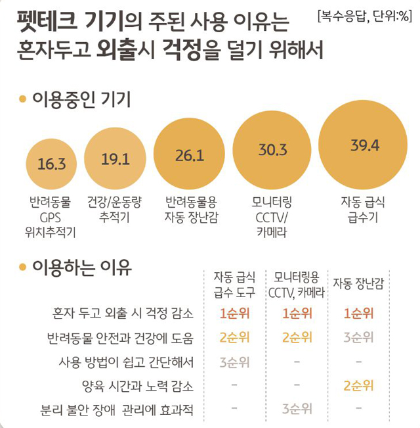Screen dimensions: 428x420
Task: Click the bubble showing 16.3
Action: click(x=52, y=164)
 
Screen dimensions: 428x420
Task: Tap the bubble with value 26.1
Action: click(x=190, y=155)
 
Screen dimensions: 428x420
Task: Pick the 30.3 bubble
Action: click(x=272, y=151)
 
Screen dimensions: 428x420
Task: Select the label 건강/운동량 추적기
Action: click(x=114, y=208)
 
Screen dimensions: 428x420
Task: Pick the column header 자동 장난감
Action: click(x=358, y=283)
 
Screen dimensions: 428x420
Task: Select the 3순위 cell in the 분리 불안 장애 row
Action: click(x=297, y=410)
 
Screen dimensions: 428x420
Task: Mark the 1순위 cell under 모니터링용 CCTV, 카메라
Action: click(x=297, y=314)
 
